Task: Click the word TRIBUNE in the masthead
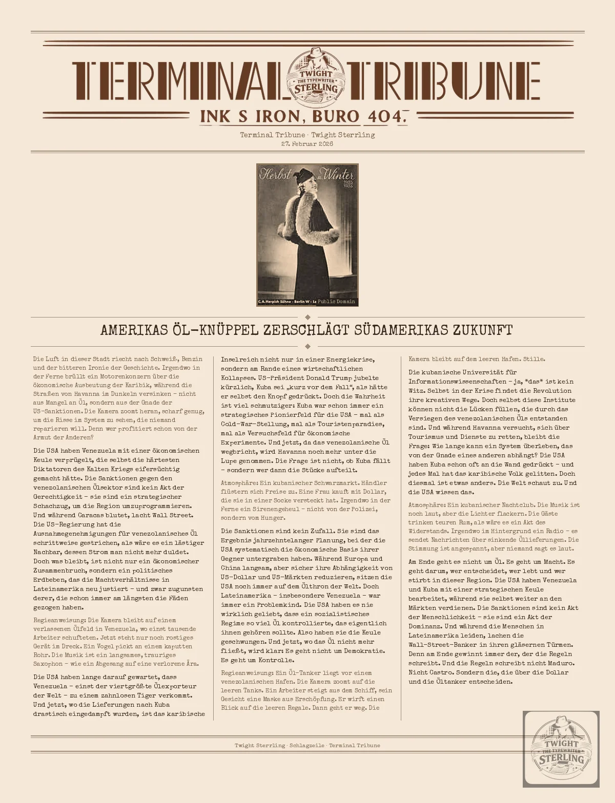[x=443, y=81]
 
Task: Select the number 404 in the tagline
[x=385, y=117]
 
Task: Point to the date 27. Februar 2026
[x=307, y=144]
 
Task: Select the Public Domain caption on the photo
[x=336, y=302]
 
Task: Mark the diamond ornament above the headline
[x=307, y=318]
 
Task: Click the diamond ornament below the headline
[x=307, y=346]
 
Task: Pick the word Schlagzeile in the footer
[x=306, y=746]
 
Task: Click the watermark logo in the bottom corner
[x=561, y=749]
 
